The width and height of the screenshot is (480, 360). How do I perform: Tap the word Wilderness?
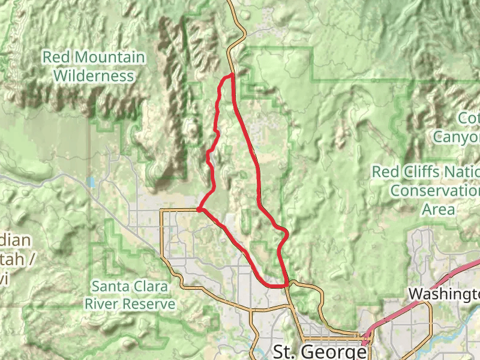[x=93, y=76]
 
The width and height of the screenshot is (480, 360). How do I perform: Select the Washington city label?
[x=444, y=294]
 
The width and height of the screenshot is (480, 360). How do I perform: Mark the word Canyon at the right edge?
[x=457, y=137]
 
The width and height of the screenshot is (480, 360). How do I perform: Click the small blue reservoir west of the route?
[x=91, y=182]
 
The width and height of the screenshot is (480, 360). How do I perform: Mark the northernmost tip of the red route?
[x=232, y=74]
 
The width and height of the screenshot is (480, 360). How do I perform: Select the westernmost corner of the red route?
[x=199, y=209]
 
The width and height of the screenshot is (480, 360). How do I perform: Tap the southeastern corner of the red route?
[x=287, y=285]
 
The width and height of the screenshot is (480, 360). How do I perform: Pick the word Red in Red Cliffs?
[x=385, y=172]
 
